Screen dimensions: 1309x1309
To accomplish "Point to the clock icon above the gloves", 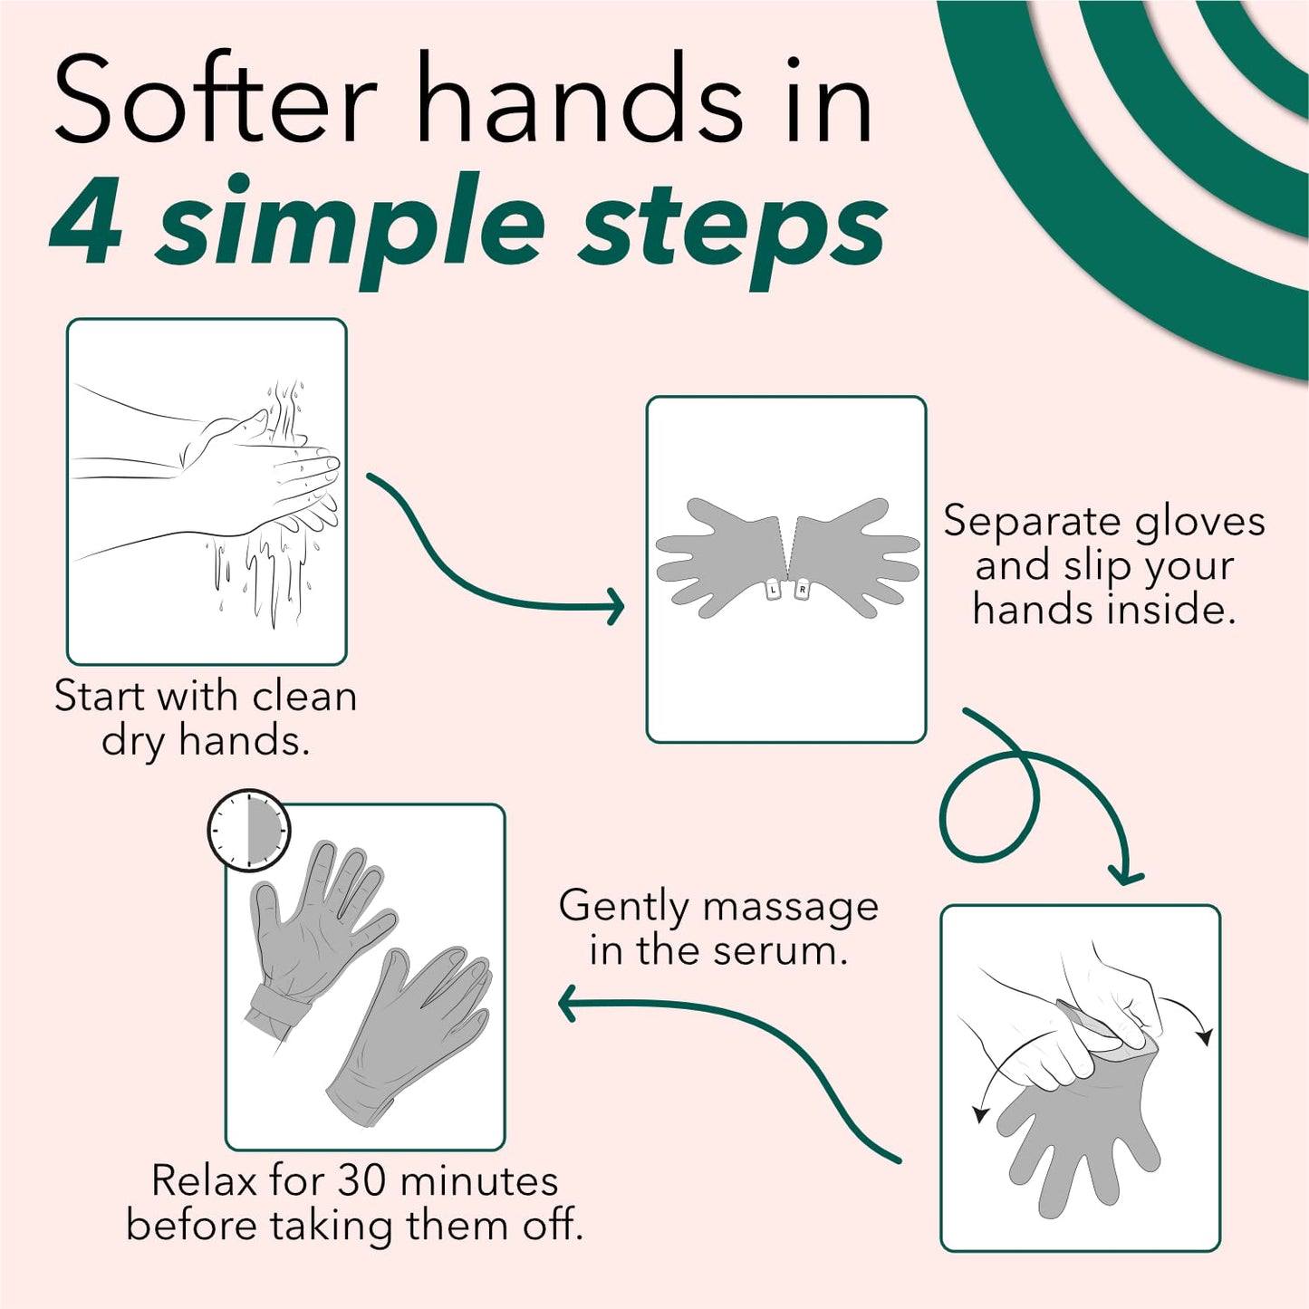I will point(249,830).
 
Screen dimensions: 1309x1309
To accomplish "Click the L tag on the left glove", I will point(772,591).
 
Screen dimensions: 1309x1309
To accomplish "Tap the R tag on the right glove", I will point(802,591).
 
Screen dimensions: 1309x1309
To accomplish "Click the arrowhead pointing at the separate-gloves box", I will point(616,605).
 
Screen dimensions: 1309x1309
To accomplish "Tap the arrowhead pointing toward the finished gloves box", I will point(568,1004).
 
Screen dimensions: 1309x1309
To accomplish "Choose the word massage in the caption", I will point(789,907).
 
